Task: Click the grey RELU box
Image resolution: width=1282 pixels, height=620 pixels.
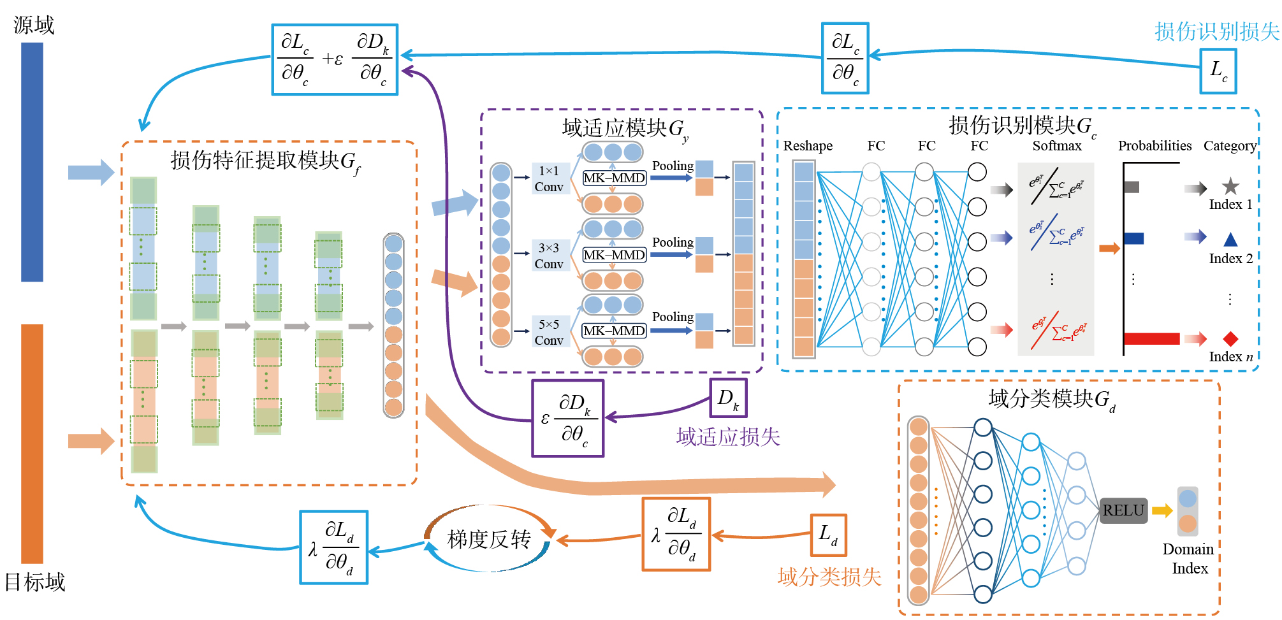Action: point(1123,510)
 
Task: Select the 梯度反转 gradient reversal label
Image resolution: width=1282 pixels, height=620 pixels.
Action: point(489,539)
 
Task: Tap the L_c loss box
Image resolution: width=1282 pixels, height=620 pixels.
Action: point(1218,71)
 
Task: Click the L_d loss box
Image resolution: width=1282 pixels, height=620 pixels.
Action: point(828,535)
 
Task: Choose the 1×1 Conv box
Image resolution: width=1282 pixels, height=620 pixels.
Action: point(549,178)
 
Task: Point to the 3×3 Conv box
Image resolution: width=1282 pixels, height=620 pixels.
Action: point(549,256)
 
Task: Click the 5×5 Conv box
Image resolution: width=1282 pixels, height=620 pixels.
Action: point(549,332)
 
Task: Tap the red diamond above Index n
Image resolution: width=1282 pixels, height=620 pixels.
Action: point(1230,338)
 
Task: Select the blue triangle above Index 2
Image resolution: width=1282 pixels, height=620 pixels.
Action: point(1230,240)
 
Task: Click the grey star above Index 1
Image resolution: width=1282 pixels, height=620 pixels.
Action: point(1230,186)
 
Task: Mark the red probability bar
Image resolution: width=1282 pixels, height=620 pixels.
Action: point(1151,338)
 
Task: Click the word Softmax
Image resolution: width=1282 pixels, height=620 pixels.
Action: point(1057,146)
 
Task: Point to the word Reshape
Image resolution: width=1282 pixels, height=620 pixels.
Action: point(808,146)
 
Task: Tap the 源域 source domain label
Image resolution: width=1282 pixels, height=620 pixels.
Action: point(34,25)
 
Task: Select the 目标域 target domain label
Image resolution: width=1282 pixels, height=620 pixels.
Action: point(35,582)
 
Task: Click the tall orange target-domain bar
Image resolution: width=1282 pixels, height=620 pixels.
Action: point(32,443)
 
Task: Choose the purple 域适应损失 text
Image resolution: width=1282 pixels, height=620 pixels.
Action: point(728,437)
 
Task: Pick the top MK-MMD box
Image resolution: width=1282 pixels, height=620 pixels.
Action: point(614,178)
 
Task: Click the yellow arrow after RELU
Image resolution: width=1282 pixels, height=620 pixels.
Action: point(1162,510)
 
